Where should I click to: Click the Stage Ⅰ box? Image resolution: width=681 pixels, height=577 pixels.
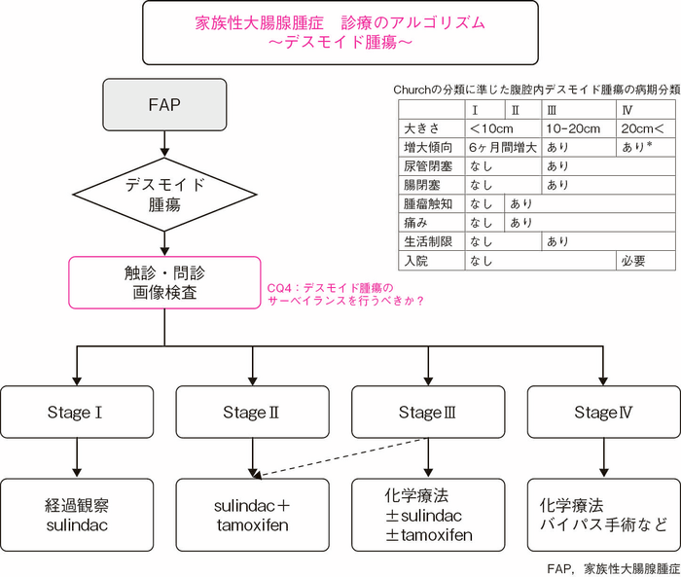click(76, 413)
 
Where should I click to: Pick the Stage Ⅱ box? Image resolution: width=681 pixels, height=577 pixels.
click(251, 413)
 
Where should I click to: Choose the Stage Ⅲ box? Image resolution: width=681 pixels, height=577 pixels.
click(427, 413)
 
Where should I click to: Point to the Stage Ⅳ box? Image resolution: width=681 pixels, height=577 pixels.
click(603, 413)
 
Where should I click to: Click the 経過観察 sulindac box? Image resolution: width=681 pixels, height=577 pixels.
click(76, 515)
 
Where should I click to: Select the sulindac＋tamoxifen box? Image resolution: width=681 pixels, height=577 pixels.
click(251, 515)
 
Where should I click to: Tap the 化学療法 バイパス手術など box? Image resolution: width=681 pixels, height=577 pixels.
click(603, 515)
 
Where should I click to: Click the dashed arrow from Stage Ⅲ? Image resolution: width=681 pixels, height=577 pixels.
click(340, 457)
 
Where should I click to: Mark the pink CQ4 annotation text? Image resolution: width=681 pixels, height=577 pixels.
click(345, 294)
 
